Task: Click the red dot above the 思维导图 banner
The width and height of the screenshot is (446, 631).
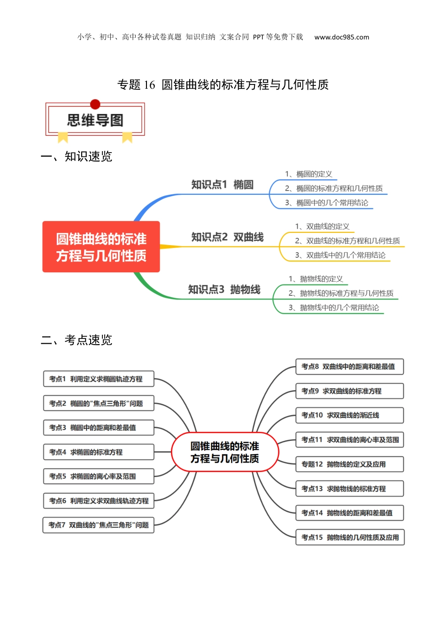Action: [95, 104]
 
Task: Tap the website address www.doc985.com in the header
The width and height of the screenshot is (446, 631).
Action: [341, 37]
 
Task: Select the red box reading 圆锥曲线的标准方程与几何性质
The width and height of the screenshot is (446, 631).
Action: [101, 247]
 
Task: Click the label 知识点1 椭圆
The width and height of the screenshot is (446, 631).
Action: [222, 185]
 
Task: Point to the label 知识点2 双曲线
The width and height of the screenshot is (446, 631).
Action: [227, 237]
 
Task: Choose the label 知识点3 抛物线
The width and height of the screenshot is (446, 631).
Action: [224, 290]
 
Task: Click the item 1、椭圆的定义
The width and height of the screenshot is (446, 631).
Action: [308, 174]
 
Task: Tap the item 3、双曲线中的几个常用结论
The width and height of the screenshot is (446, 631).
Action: [340, 255]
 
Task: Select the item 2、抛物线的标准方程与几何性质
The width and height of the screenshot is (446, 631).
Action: [341, 293]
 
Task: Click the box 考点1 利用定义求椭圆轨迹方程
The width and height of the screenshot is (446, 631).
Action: [99, 379]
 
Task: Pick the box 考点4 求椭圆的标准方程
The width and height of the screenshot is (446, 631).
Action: [99, 452]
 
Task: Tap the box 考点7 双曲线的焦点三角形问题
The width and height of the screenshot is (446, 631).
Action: [99, 525]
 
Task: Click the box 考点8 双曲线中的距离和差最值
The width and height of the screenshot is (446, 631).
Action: [349, 367]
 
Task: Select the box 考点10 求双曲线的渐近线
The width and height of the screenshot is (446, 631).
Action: [349, 416]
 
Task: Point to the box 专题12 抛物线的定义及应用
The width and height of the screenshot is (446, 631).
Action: [349, 464]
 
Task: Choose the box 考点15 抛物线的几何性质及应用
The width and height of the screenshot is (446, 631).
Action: [350, 538]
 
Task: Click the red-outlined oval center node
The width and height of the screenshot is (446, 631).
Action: [225, 452]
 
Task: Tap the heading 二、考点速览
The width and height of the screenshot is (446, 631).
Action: [77, 340]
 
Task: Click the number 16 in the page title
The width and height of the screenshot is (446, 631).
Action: [149, 85]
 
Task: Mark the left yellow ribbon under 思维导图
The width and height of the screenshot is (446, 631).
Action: [63, 137]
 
